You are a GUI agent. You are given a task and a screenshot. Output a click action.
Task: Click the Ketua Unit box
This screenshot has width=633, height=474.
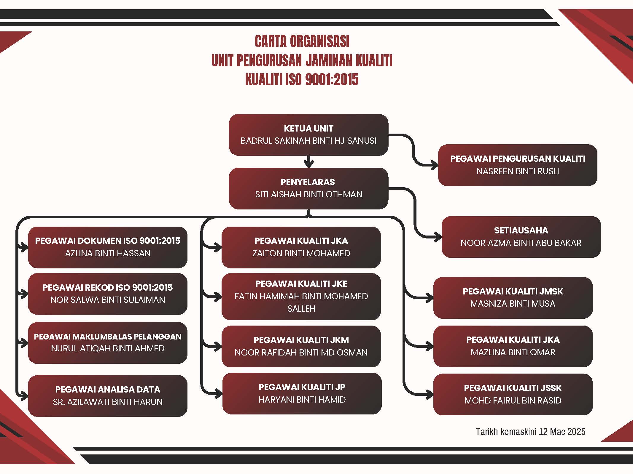308,135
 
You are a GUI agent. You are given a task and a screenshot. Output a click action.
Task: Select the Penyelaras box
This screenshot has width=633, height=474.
308,188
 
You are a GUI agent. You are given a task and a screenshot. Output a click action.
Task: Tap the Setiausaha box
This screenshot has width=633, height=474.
521,237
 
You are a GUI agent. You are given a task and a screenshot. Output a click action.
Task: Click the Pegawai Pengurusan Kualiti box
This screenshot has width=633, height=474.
518,165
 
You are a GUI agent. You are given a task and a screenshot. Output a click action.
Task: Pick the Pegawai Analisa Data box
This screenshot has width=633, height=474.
108,396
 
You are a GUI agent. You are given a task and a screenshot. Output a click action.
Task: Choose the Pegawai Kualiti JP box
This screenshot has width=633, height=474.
302,393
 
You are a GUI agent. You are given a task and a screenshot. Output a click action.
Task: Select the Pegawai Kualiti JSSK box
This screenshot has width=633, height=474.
513,394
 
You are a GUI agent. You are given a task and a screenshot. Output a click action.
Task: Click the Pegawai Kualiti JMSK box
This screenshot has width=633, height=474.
513,298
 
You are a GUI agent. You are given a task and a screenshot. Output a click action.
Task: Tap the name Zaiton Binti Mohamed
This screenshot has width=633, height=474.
301,253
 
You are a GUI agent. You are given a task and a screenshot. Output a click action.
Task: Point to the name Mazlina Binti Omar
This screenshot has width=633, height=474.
513,352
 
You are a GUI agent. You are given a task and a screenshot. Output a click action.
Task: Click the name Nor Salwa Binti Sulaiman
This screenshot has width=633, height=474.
108,300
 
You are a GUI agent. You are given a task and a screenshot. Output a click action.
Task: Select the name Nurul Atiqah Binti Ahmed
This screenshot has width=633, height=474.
108,348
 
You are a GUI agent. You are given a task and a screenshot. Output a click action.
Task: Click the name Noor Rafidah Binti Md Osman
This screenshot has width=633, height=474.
301,353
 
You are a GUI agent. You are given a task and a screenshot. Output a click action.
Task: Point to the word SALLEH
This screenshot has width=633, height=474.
301,309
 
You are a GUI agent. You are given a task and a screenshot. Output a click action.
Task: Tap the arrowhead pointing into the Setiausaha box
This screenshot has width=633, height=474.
438,237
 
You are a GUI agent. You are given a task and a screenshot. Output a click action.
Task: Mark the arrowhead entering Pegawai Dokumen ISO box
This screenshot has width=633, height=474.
24,247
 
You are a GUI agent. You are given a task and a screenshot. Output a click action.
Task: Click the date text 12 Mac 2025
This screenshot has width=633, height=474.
562,431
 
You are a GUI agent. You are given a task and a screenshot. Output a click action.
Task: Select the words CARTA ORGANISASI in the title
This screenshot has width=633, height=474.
302,41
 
